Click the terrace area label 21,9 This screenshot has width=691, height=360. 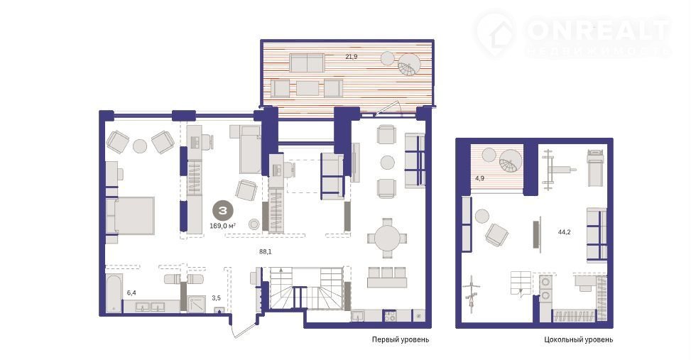(x=352, y=56)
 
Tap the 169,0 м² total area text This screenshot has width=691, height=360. (x=222, y=226)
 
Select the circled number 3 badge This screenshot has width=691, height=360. (x=222, y=211)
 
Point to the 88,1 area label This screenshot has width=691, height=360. (x=266, y=252)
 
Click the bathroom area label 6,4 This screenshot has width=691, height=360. (x=132, y=292)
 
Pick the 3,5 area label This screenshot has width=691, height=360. (x=216, y=298)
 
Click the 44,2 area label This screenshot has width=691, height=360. (x=564, y=231)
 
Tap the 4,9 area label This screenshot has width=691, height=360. (x=480, y=178)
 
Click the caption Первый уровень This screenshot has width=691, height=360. (x=400, y=339)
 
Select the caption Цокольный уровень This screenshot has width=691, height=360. (x=578, y=339)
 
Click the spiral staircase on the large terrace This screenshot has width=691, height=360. (x=409, y=65)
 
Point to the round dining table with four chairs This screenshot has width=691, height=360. (x=386, y=238)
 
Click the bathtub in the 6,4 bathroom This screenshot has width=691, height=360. (x=114, y=293)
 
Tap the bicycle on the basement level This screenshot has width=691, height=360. (x=473, y=293)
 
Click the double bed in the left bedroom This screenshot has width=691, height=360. (x=131, y=215)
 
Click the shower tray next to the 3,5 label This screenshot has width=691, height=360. (x=197, y=304)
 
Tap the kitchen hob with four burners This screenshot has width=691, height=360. (x=391, y=316)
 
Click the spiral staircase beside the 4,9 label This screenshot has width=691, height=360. (x=511, y=161)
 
